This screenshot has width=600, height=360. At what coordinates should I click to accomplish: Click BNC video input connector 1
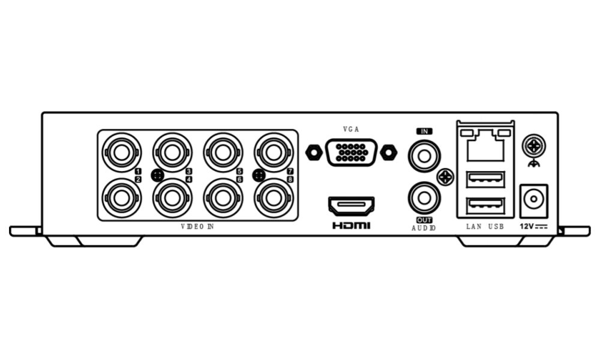122,152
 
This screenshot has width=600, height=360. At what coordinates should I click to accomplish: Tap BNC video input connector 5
223,152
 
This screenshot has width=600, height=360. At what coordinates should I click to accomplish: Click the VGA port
351,152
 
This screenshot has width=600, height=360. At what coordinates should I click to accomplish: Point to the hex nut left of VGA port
313,152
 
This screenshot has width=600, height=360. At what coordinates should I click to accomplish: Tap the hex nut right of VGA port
389,152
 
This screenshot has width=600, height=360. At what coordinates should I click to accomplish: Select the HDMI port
351,206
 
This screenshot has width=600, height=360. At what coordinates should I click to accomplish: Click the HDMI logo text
351,226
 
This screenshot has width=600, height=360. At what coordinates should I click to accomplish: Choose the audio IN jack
424,156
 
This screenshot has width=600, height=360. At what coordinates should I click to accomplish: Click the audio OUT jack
424,197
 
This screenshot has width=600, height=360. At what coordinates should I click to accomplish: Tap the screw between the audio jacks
445,177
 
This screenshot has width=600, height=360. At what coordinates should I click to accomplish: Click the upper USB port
485,179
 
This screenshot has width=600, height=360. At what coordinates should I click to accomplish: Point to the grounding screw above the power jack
533,145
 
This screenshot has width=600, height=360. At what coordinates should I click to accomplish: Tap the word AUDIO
424,228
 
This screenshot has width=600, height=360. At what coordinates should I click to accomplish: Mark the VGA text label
351,129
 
